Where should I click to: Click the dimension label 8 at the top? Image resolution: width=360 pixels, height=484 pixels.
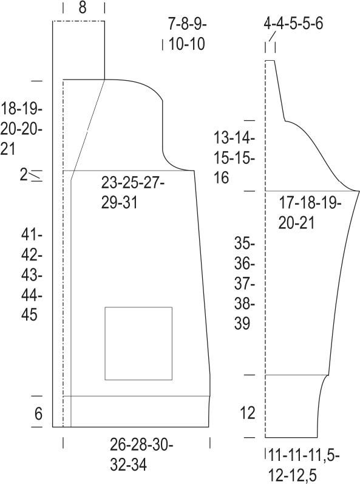pyautogui.click(x=83, y=7)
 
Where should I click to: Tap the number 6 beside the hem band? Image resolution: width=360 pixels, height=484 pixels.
pyautogui.click(x=38, y=414)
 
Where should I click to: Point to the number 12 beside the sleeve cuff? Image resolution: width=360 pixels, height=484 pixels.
pyautogui.click(x=248, y=413)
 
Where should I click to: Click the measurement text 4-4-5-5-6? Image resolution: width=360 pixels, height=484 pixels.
pyautogui.click(x=293, y=24)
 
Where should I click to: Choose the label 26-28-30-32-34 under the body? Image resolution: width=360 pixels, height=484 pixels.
pyautogui.click(x=141, y=455)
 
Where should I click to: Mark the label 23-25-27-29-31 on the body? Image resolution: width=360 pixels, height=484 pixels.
pyautogui.click(x=133, y=193)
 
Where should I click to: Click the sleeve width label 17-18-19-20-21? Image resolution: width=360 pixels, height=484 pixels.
pyautogui.click(x=310, y=213)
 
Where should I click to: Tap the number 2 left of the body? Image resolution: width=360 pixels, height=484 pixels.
pyautogui.click(x=24, y=176)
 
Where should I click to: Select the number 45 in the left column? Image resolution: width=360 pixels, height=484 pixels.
pyautogui.click(x=29, y=315)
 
